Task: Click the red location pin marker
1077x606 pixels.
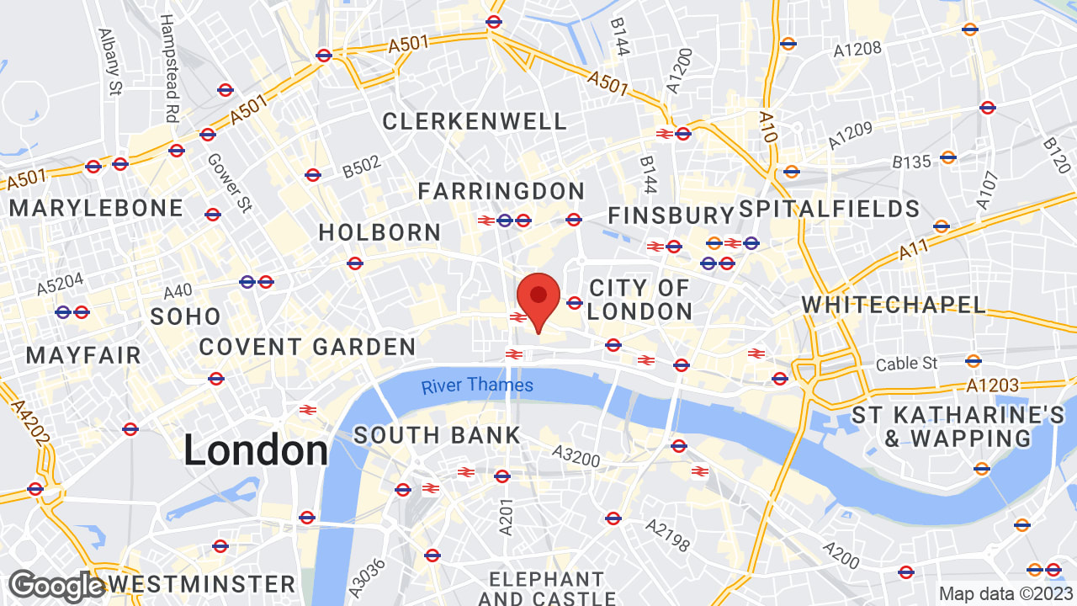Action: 538,298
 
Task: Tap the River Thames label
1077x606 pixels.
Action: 477,385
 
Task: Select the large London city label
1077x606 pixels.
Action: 256,449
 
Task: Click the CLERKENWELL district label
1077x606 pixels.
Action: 475,121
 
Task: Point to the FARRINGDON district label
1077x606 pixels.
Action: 501,191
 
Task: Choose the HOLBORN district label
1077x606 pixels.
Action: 379,232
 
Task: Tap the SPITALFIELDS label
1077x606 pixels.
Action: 829,209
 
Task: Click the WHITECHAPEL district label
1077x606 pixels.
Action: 894,305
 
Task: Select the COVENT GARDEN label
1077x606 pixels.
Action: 307,347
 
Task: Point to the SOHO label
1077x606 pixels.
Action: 185,316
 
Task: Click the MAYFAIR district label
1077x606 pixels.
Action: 83,355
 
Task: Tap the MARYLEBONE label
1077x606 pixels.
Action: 96,208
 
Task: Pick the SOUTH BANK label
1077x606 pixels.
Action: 437,435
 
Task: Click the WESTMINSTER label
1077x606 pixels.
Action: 202,584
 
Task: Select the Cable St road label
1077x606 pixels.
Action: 906,364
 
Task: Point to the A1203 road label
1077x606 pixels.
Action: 992,385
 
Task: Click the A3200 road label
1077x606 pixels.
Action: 576,456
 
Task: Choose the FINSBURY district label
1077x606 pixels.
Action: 671,215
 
